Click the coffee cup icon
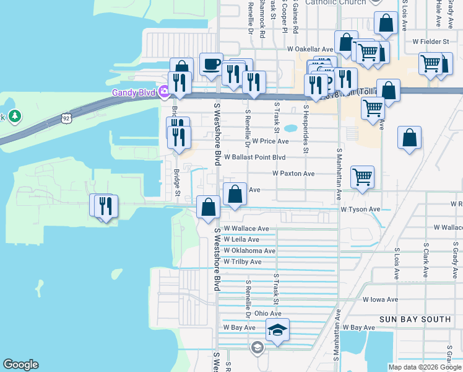(x=211, y=64)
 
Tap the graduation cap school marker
(x=278, y=330)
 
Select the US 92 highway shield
(x=67, y=117)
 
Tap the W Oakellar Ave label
(x=309, y=48)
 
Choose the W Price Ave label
(x=270, y=141)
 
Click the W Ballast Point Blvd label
(x=255, y=157)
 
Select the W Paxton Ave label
(x=293, y=174)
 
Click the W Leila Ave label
(x=241, y=239)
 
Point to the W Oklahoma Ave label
(x=249, y=250)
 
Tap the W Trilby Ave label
(x=243, y=262)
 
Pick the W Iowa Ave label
(x=380, y=299)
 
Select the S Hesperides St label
(x=305, y=128)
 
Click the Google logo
(x=20, y=365)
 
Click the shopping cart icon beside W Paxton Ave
(x=362, y=177)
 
